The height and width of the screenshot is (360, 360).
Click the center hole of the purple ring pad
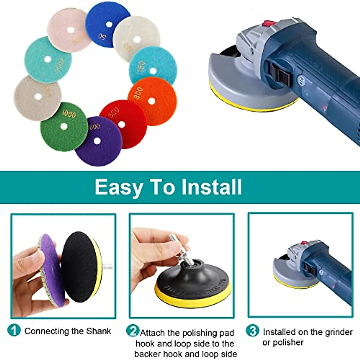(97, 141)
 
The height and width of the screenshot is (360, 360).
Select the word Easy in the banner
(118, 187)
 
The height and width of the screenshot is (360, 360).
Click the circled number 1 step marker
(14, 330)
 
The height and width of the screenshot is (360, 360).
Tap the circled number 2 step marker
(132, 331)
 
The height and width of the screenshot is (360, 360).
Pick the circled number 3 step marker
(253, 331)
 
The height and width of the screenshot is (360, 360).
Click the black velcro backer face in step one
(78, 267)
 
